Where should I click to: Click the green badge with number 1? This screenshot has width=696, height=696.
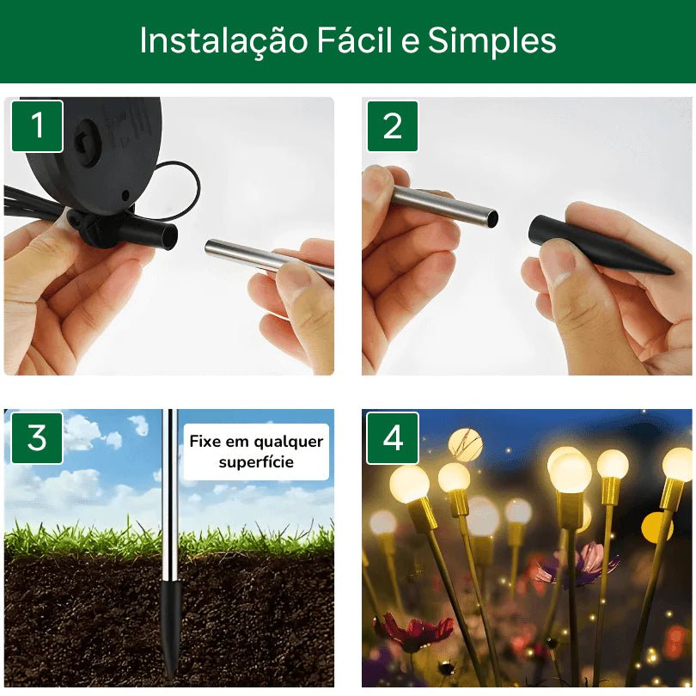[38, 126]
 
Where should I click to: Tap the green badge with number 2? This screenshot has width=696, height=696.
[393, 126]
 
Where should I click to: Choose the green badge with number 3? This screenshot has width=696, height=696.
[38, 438]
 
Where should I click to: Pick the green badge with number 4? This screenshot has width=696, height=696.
[393, 438]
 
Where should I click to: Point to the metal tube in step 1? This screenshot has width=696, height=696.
[258, 257]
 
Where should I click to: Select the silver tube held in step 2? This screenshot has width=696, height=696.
[443, 206]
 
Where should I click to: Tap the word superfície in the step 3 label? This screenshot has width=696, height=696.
[256, 462]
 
